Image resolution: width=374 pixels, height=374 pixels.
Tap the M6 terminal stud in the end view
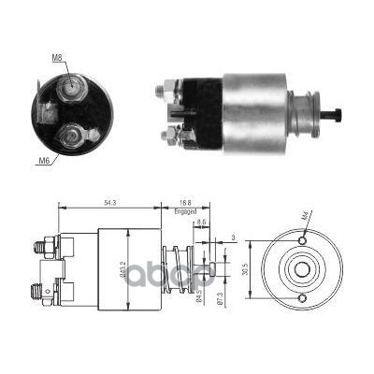pyautogui.click(x=69, y=140)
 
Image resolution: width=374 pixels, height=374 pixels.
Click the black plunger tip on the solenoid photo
pyautogui.click(x=333, y=115)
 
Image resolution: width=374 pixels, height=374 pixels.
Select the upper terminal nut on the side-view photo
pyautogui.click(x=168, y=92)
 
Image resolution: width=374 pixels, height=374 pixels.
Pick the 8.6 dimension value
pyautogui.click(x=202, y=221)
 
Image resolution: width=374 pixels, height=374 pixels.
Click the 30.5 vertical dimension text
pyautogui.click(x=246, y=268)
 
